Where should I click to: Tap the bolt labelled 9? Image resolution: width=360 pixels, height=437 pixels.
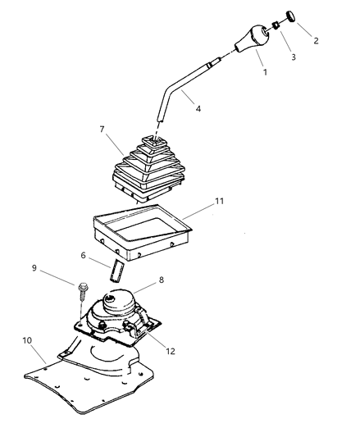(82, 291)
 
